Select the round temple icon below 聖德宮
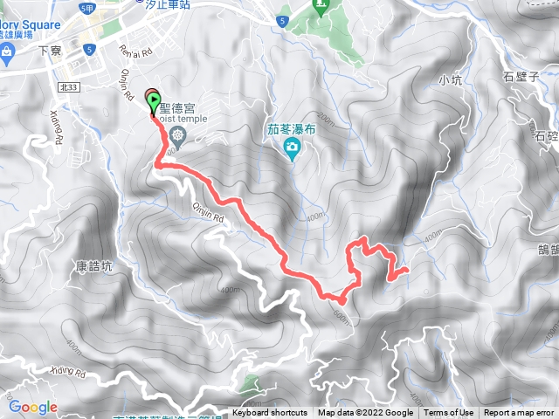click(178, 134)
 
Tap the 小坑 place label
click(450, 80)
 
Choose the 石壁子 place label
click(522, 76)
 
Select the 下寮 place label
click(51, 52)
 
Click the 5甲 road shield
click(86, 8)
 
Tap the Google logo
click(32, 407)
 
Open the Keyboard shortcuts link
click(270, 413)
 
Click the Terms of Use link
click(449, 413)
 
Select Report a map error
click(519, 413)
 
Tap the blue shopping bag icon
click(7, 54)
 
